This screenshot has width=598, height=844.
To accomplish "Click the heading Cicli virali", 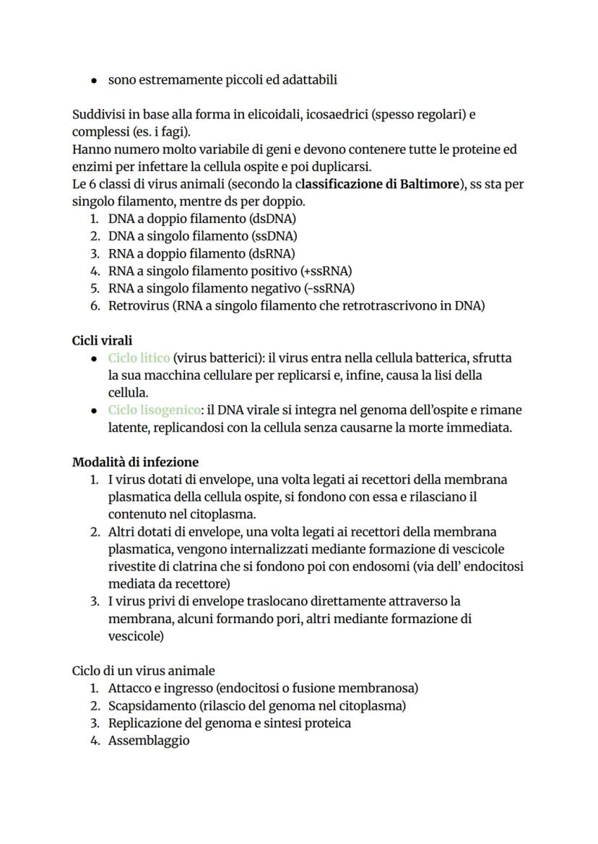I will pos(102,340).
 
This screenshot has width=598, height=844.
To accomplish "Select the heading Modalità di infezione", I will pos(135,461).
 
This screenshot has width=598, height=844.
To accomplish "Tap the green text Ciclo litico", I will pos(139,357).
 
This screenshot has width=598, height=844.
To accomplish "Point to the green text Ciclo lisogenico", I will pos(155,410).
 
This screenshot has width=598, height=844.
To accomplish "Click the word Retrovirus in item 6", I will pos(138,305).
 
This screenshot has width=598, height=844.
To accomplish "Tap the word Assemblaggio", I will pos(149,740).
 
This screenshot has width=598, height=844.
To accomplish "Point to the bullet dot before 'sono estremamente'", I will pos(94,80).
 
